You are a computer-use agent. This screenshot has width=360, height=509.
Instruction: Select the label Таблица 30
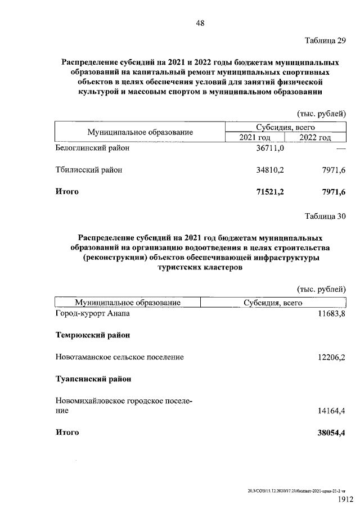pos(325,216)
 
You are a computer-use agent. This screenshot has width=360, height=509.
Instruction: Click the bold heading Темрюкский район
pos(93,335)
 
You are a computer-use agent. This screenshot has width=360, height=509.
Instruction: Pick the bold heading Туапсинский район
pos(93,379)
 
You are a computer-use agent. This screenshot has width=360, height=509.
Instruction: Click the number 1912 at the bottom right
pos(345,499)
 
